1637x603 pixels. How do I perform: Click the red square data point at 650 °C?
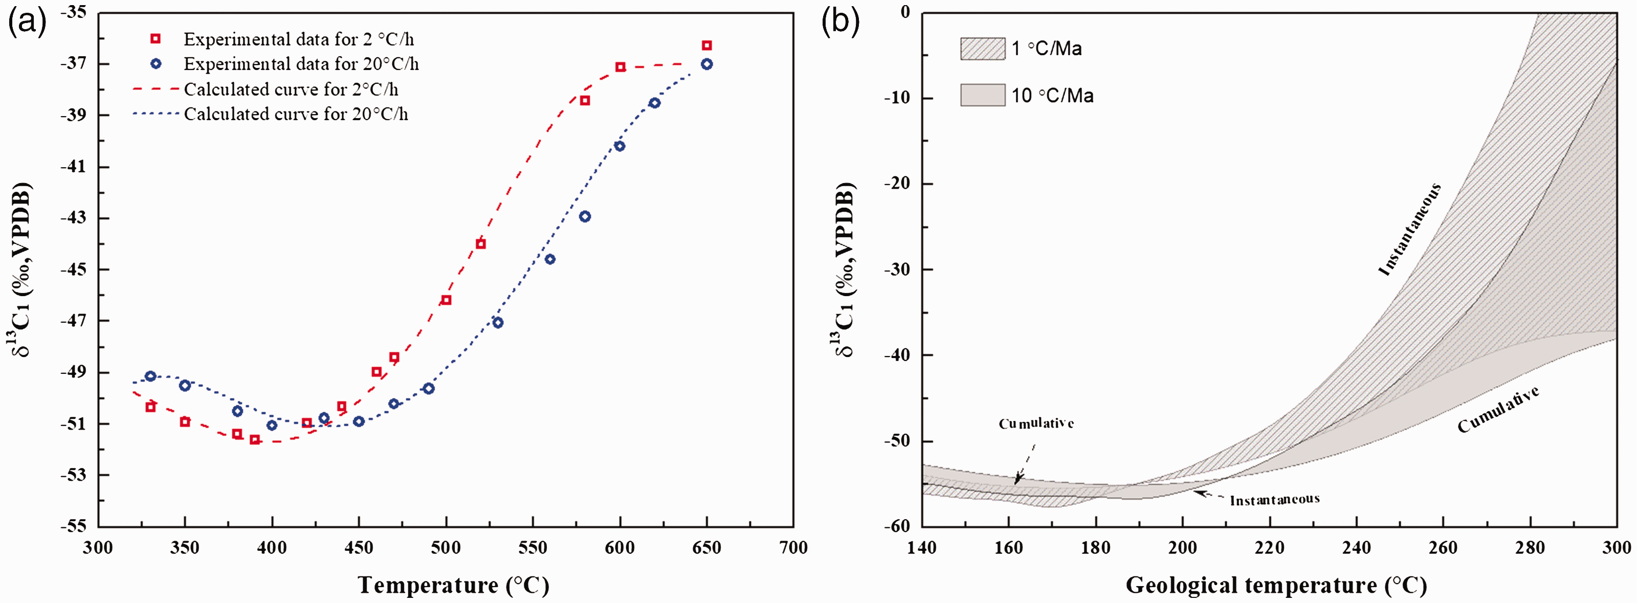pyautogui.click(x=706, y=45)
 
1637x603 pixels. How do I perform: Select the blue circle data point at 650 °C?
pyautogui.click(x=706, y=64)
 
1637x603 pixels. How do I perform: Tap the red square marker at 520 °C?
pyautogui.click(x=480, y=244)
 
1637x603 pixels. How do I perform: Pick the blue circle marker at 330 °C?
pyautogui.click(x=150, y=376)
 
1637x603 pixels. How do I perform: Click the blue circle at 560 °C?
pyautogui.click(x=550, y=259)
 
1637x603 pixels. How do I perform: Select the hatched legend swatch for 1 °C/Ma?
pyautogui.click(x=982, y=48)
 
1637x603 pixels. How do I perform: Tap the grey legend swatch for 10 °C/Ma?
pyautogui.click(x=982, y=95)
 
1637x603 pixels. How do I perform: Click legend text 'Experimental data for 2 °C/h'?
pyautogui.click(x=299, y=39)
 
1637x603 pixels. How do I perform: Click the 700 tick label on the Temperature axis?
pyautogui.click(x=793, y=548)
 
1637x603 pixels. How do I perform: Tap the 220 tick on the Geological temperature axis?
pyautogui.click(x=1270, y=548)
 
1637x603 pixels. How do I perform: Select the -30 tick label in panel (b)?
pyautogui.click(x=897, y=270)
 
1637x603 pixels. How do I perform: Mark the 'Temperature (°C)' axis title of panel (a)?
pyautogui.click(x=453, y=585)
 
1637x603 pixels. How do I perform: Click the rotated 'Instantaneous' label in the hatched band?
pyautogui.click(x=1409, y=229)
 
